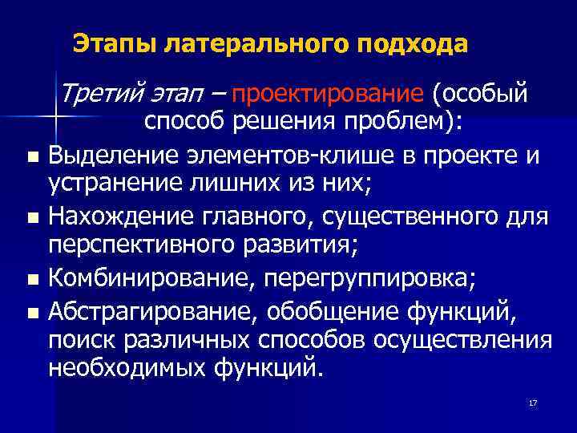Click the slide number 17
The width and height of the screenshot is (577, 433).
pyautogui.click(x=533, y=402)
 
